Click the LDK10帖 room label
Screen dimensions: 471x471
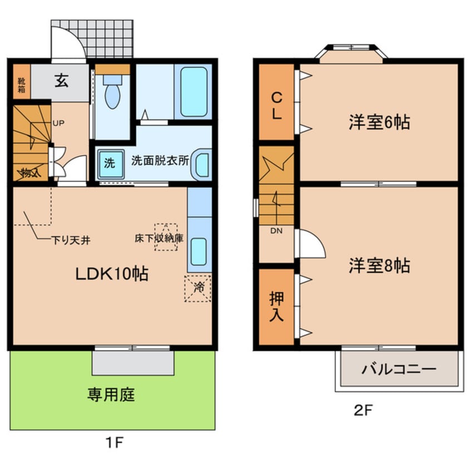112,274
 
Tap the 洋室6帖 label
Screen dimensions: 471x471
379,122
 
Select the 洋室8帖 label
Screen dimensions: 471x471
379,266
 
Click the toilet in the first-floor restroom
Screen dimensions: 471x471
112,95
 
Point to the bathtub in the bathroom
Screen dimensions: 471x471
193,91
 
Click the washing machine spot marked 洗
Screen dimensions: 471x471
109,164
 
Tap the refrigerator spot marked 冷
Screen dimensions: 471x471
198,288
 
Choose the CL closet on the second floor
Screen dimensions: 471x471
277,105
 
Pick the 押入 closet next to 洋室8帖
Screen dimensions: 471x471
277,306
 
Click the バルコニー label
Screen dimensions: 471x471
398,369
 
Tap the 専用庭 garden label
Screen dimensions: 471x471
111,395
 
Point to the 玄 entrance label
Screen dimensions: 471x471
61,81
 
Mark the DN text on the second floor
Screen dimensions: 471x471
277,231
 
